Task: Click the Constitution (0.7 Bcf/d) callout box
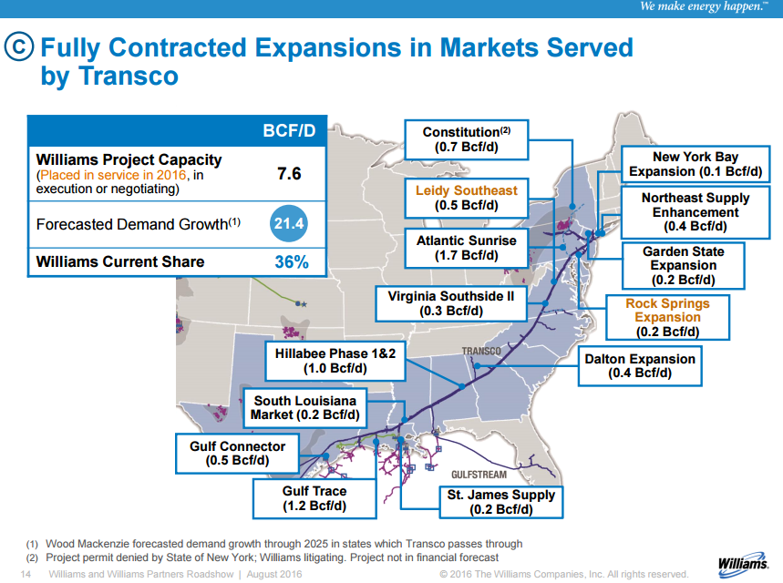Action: (x=466, y=139)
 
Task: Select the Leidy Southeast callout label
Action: (x=466, y=198)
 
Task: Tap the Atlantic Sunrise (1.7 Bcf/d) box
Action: (x=466, y=248)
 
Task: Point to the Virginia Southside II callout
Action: (x=450, y=303)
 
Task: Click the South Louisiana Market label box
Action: (x=305, y=408)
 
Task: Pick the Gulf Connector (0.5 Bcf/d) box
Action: (x=237, y=454)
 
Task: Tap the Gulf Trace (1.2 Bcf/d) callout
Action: (x=314, y=498)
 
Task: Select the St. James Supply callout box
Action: (x=500, y=502)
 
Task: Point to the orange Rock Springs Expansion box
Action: (x=667, y=318)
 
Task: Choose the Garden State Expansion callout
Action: (x=683, y=265)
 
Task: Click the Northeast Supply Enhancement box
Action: (x=695, y=212)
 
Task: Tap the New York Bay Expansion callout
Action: (x=695, y=164)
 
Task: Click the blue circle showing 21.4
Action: (x=288, y=223)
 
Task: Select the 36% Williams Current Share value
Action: (x=291, y=262)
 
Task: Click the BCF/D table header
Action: (x=289, y=131)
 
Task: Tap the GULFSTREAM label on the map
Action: (x=479, y=475)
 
